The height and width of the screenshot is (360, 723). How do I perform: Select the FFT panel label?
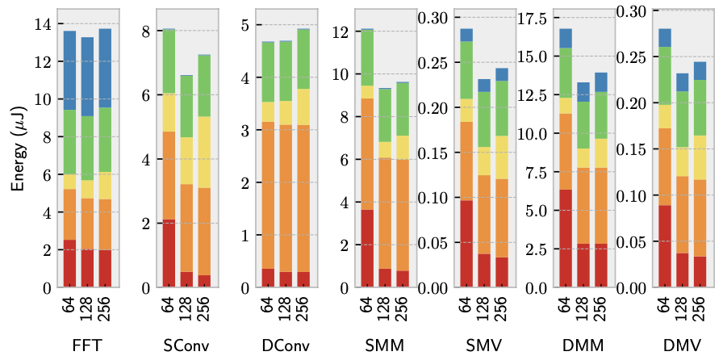click(87, 345)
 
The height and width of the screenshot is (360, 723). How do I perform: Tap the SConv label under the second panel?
click(186, 345)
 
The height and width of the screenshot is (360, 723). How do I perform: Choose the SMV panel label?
click(484, 345)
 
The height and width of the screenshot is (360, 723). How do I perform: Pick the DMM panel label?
click(583, 345)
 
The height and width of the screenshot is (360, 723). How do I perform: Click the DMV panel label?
click(683, 345)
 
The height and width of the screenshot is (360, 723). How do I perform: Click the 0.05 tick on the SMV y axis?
click(432, 243)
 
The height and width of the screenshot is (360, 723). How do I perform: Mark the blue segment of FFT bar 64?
click(70, 70)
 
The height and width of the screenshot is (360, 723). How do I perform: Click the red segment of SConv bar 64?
click(169, 253)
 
